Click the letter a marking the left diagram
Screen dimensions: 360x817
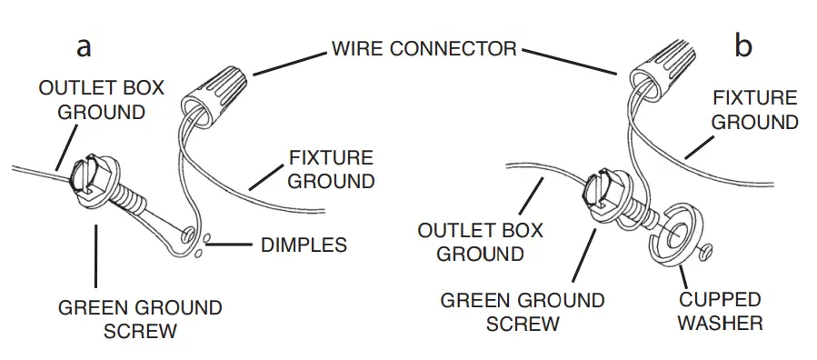tap(84, 46)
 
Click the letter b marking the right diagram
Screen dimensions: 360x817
tap(743, 46)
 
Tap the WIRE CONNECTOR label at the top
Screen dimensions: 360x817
tap(423, 48)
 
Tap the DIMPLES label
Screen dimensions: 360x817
tap(303, 245)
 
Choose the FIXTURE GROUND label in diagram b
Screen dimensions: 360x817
tap(754, 109)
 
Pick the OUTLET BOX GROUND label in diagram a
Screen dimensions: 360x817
tap(101, 100)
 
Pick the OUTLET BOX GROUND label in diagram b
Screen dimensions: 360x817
tap(480, 242)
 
